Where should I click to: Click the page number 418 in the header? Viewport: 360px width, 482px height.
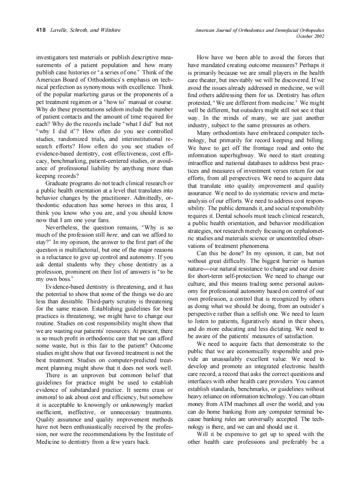click(41, 30)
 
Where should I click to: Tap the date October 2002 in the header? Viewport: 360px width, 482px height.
click(310, 36)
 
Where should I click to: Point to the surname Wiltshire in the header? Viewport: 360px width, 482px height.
click(110, 30)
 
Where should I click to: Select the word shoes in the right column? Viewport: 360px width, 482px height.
click(314, 321)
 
